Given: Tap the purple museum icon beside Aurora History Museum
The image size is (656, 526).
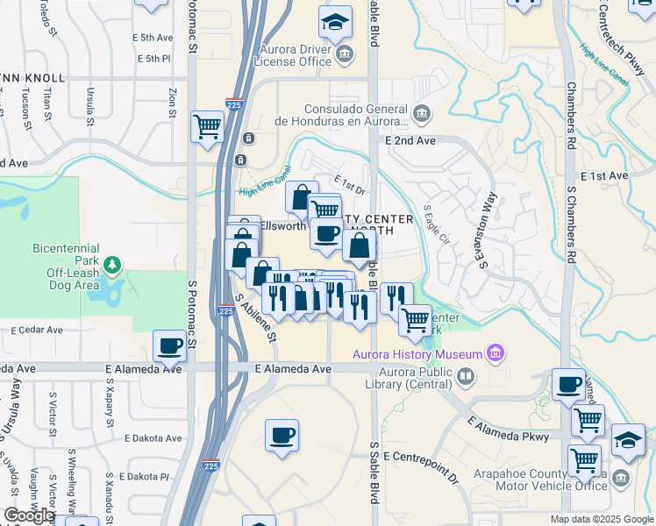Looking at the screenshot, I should coord(496,354).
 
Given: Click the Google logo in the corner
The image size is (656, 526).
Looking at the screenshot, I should coord(28,515).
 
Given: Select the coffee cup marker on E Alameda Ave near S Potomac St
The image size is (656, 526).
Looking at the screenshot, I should coord(169,345).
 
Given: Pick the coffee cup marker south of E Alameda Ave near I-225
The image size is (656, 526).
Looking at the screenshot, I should coord(282,435).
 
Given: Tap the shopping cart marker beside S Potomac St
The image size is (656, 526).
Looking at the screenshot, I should coord(208,125).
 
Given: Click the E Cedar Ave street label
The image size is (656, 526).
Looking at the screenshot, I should coord(37,331).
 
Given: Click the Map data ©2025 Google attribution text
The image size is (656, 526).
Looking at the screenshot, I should coord(602,519).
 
